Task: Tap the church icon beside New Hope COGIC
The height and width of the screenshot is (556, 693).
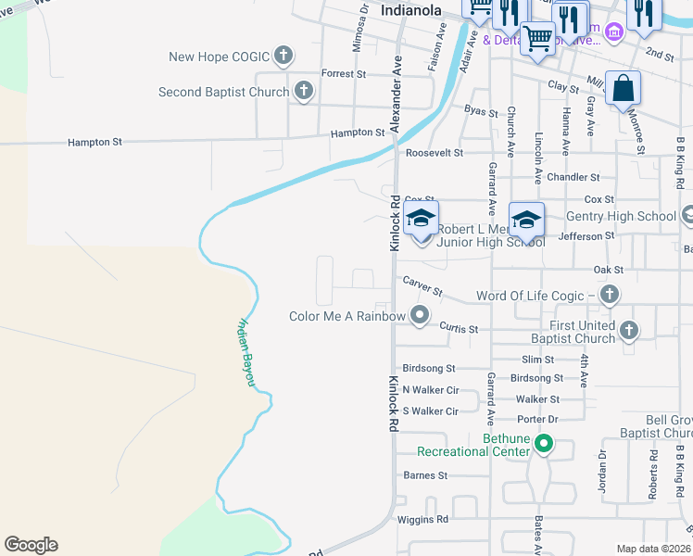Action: coord(283,56)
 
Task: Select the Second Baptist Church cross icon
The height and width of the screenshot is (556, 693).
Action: coord(303,91)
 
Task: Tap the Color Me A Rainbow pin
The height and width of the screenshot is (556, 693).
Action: coord(420,315)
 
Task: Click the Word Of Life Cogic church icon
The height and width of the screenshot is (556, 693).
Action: coord(609,295)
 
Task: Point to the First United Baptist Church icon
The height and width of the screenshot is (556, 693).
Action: coord(629,330)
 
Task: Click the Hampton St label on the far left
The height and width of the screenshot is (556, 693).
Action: coord(95,143)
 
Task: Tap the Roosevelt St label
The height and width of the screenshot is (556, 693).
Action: coord(434,153)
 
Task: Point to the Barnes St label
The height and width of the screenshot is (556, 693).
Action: coord(425,475)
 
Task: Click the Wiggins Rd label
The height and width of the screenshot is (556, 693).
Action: coord(422,519)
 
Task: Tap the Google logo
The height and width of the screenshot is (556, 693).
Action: coord(31,545)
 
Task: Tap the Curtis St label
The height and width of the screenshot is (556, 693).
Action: coord(459,329)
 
